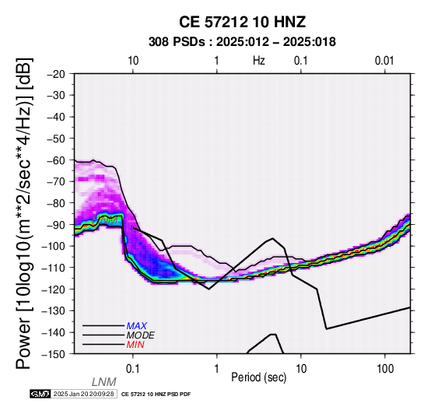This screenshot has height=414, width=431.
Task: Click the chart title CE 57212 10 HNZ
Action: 242,22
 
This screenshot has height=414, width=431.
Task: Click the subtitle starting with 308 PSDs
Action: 242,42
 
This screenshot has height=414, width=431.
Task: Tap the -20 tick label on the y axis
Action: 56,74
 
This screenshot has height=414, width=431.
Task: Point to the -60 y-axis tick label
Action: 56,160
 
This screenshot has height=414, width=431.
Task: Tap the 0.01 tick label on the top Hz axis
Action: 384,61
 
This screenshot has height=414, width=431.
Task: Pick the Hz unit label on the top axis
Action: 259,61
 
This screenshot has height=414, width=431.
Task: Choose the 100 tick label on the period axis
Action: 385,369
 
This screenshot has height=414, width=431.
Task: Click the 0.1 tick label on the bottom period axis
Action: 133,369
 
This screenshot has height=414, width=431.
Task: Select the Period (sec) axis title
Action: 258,377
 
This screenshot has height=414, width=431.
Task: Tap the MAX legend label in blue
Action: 137,326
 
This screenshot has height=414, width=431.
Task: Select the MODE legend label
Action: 141,335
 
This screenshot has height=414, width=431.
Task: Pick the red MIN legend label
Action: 135,345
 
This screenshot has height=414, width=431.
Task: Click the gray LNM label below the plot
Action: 104,382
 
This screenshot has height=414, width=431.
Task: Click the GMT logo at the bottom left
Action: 40,394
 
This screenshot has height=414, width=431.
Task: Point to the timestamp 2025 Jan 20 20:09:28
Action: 84,394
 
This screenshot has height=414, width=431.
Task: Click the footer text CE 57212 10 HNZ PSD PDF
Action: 156,395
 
